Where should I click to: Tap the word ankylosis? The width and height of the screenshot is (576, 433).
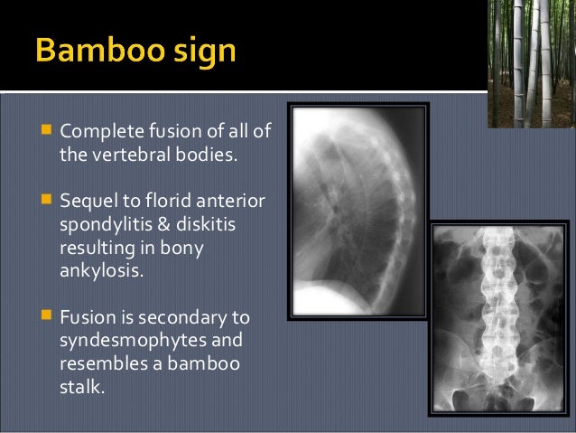[x=98, y=268]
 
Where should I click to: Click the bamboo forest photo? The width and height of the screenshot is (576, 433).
[x=531, y=63]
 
